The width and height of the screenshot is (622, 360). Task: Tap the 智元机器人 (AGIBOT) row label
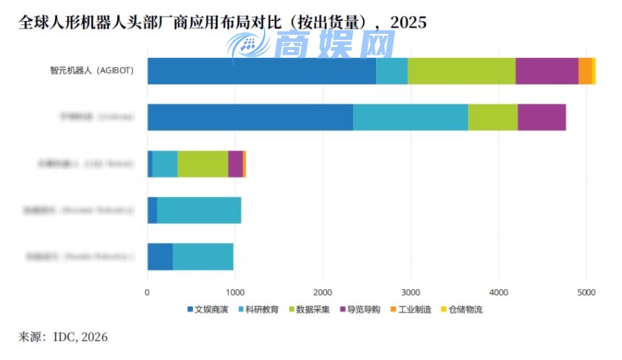click(91, 71)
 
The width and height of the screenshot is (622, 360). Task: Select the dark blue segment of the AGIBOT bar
click(261, 71)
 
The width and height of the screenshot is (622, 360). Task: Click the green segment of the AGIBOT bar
click(461, 71)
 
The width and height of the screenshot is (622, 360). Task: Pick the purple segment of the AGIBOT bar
click(547, 71)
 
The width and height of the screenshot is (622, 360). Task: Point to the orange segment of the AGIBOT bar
click(584, 71)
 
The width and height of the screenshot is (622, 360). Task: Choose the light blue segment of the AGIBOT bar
click(392, 71)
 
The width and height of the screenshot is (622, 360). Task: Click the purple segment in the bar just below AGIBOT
click(542, 117)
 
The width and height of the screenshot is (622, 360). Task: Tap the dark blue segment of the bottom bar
click(160, 257)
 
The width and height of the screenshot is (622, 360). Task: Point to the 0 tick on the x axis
click(148, 293)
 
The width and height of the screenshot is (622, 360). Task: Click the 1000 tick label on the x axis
click(235, 293)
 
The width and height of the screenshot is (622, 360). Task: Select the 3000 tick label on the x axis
click(411, 293)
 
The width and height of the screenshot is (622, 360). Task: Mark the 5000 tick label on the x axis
click(586, 293)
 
